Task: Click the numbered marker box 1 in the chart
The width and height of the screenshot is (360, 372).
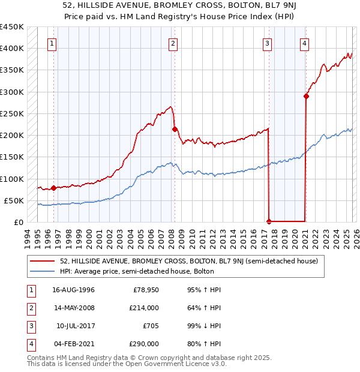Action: click(x=52, y=43)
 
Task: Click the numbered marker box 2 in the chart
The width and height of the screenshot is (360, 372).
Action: click(x=172, y=43)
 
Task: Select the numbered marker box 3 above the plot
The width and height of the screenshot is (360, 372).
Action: click(x=266, y=43)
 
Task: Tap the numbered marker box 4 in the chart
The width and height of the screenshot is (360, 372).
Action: click(x=305, y=43)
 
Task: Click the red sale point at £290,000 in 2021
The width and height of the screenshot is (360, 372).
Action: click(x=306, y=96)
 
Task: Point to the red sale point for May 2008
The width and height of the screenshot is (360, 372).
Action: click(x=175, y=129)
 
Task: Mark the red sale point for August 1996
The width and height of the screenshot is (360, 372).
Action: click(x=54, y=188)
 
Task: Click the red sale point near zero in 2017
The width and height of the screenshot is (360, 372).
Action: click(x=269, y=221)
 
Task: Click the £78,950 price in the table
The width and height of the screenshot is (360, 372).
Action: click(x=146, y=290)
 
